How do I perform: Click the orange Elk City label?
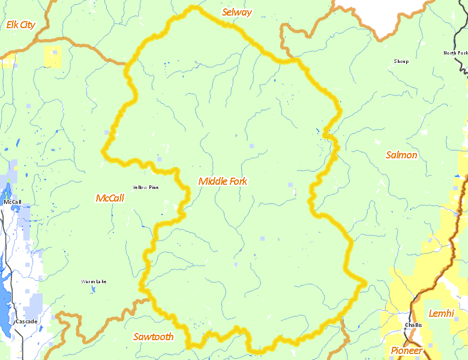coord(20,25)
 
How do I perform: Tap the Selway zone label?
coord(236,12)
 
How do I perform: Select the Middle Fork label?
coord(223,181)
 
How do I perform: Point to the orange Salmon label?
coord(401,155)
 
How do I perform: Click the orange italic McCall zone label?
coord(110,198)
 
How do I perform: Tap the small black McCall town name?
coord(13,202)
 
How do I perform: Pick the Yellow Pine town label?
coord(146,187)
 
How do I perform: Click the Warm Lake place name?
coord(94,281)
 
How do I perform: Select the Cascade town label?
coord(26,322)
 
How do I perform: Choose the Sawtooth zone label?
coord(153,337)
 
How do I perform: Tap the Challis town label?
coord(413,325)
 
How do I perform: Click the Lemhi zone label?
coord(442,313)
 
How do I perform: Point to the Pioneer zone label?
coord(407,350)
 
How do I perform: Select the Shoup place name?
coord(401,61)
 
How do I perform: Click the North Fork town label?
coord(455,53)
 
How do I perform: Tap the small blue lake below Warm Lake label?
coord(94,289)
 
